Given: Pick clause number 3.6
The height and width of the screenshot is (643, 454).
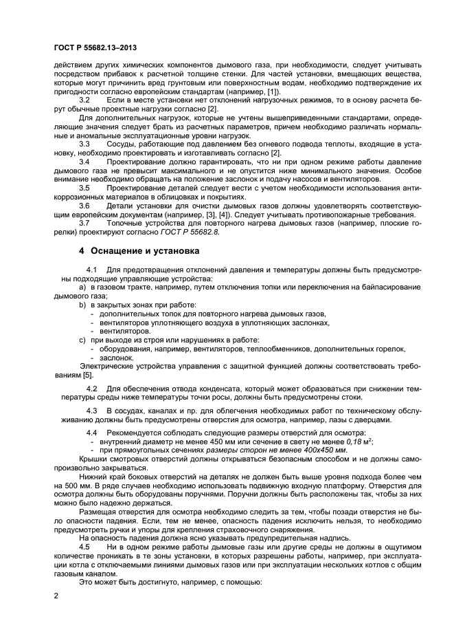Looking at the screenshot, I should click(85, 206).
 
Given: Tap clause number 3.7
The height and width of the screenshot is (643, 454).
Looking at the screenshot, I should click(85, 223).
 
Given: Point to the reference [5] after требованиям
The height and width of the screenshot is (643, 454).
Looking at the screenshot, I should click(87, 375).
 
